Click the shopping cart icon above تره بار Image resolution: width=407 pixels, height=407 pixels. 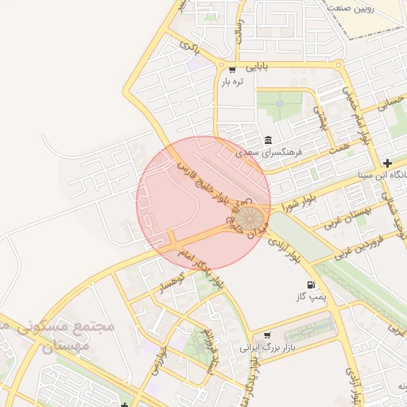pos(231,69)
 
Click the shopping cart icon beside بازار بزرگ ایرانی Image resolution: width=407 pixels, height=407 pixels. pos(266,335)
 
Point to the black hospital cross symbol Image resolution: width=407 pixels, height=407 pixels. pos(387,163)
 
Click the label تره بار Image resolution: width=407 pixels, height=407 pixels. pos(232,81)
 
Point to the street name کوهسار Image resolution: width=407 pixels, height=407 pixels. pos(170,282)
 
